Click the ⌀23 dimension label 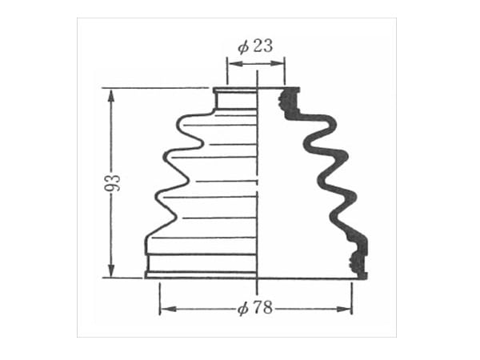[255, 46]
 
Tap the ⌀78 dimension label [255, 308]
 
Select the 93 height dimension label [113, 183]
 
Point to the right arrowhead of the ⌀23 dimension [278, 64]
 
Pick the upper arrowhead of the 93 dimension [111, 98]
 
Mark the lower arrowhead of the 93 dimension [111, 270]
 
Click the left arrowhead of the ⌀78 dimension [169, 309]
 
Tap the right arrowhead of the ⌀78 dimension [343, 309]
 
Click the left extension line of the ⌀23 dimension [227, 70]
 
